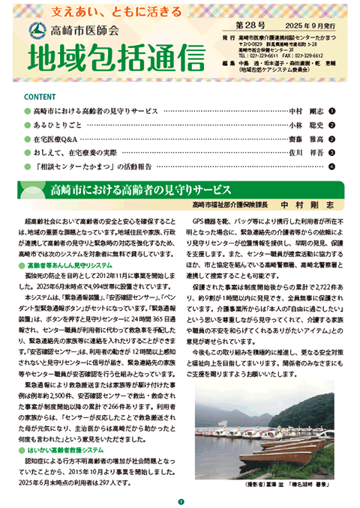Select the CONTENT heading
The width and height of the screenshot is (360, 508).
click(x=40, y=97)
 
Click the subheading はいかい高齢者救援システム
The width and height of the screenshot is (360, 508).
click(x=71, y=450)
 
